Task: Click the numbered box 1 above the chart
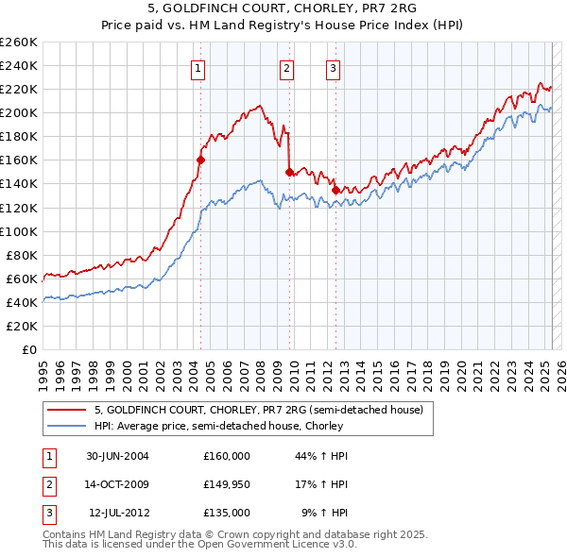coord(198,67)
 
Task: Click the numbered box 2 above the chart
coord(286,67)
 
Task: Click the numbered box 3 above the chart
coord(334,67)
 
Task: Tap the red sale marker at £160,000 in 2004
coord(200,160)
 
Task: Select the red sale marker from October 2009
coord(289,172)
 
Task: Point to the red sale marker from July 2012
coord(335,190)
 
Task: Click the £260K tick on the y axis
coord(19,42)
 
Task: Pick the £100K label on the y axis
coord(19,231)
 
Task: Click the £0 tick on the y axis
coord(29,349)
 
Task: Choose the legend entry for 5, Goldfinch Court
coord(264,410)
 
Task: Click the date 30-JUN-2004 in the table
coord(117,456)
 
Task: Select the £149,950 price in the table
coord(227,484)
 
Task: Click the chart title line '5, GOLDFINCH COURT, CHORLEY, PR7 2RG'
coord(283,8)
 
